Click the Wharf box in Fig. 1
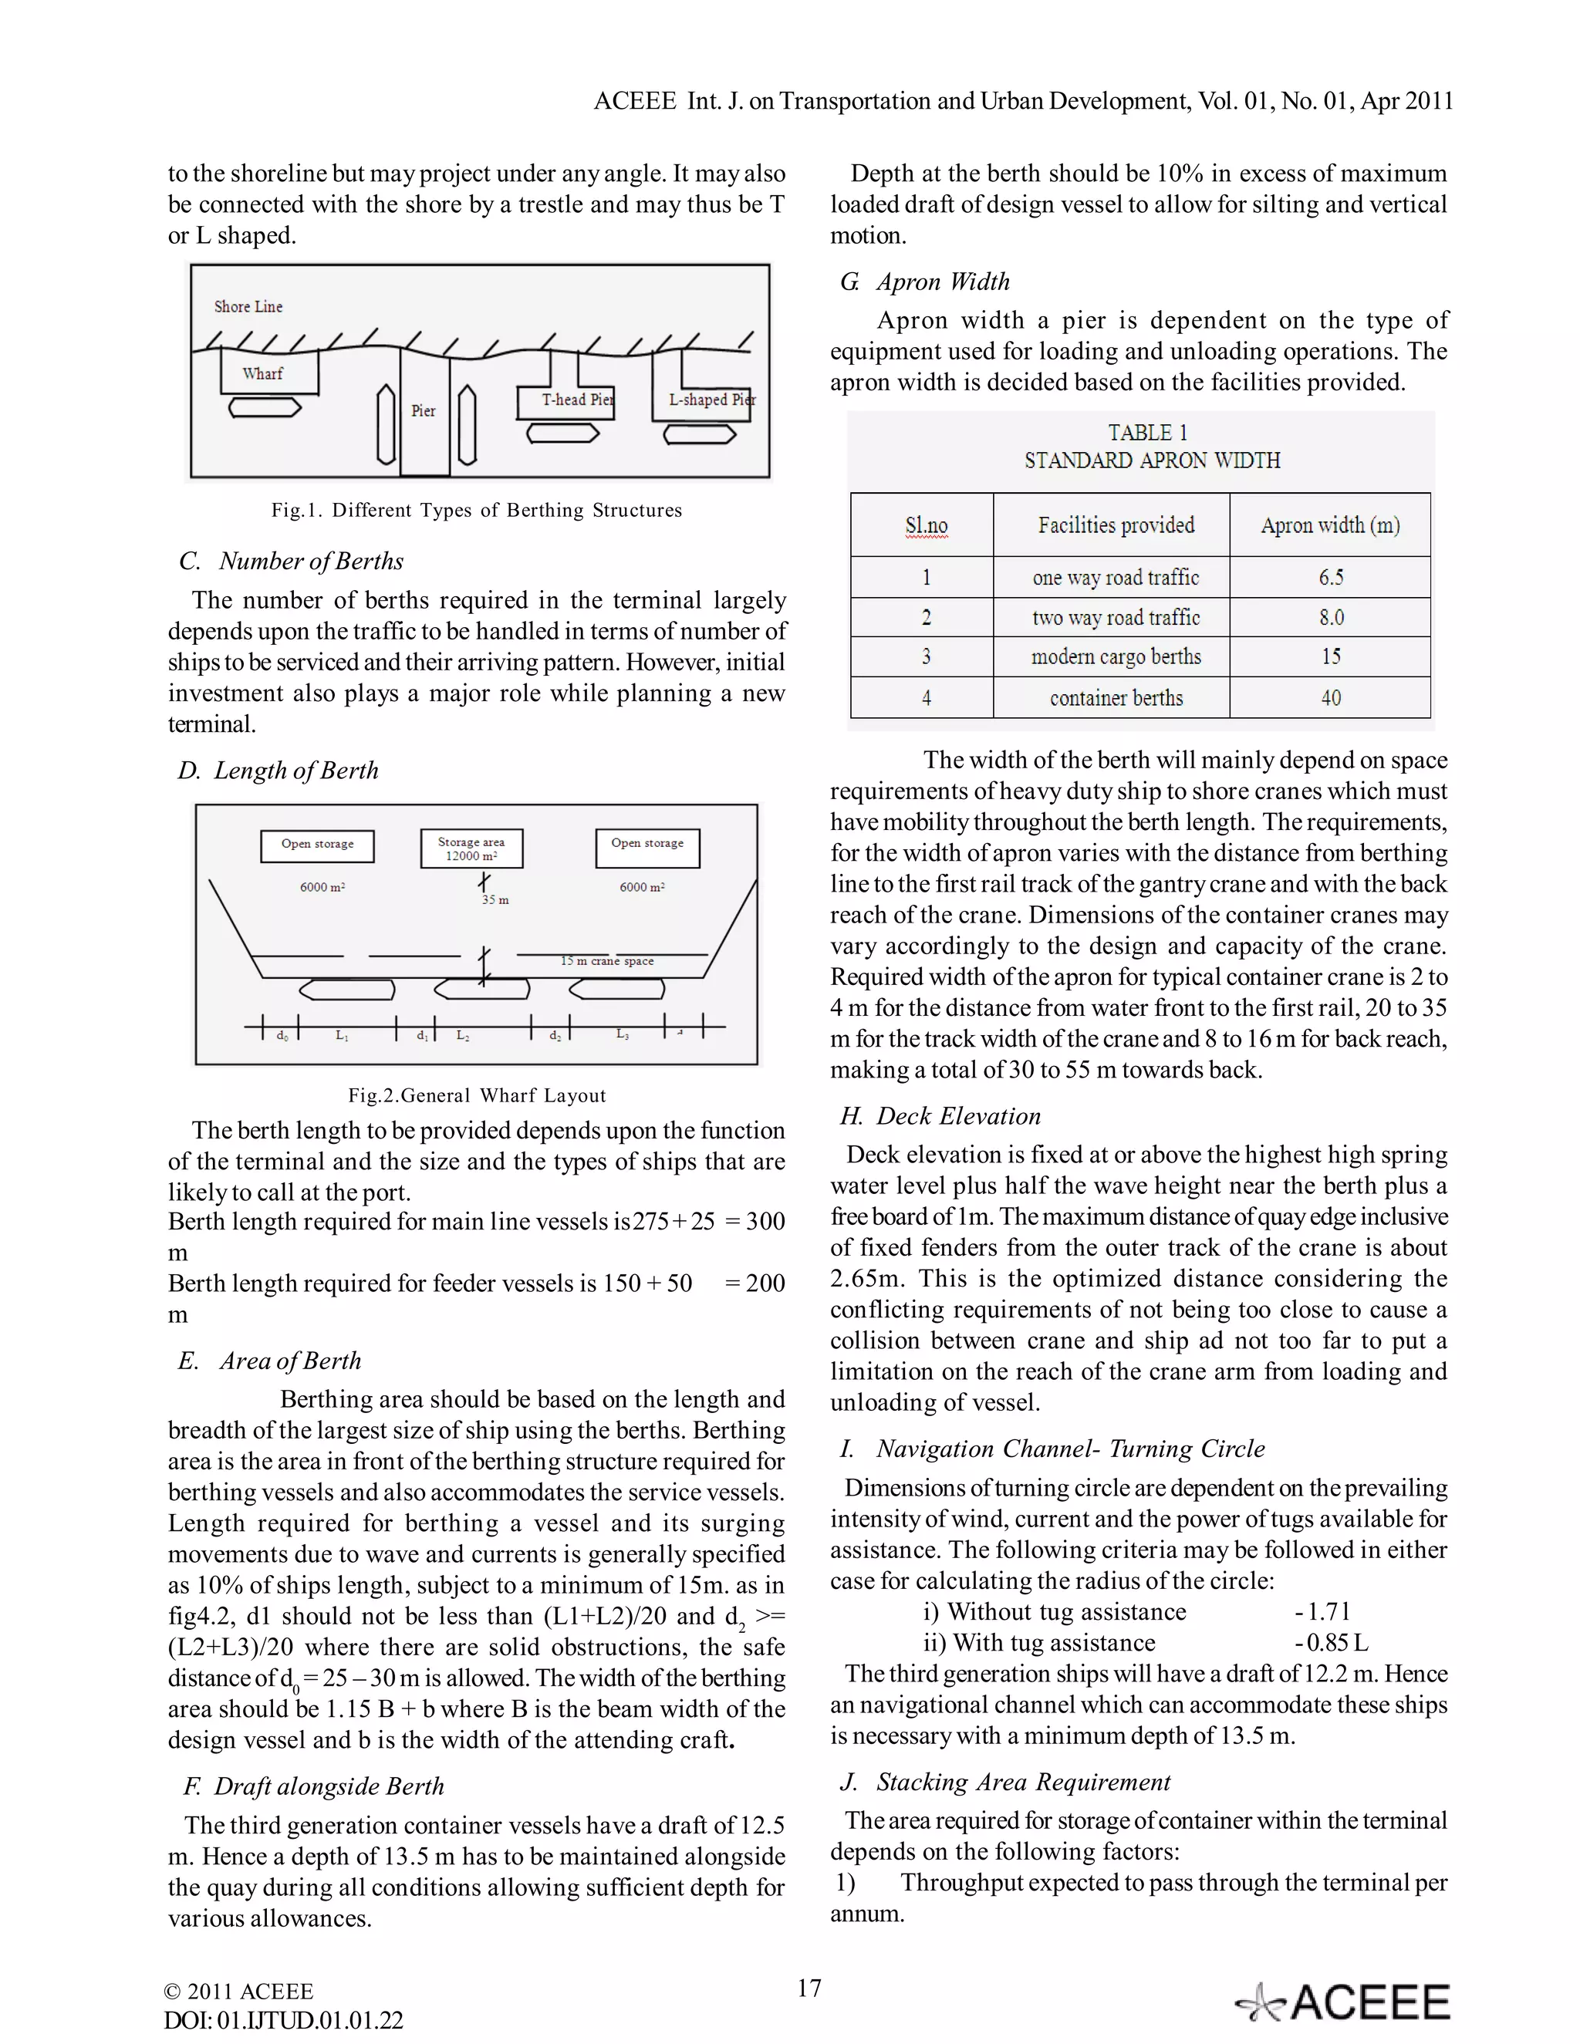click(268, 373)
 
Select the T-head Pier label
click(576, 400)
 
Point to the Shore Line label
click(248, 307)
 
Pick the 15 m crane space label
click(606, 961)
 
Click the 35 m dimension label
click(495, 900)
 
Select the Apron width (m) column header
click(1329, 525)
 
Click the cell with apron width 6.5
click(1330, 578)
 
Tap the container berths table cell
click(1116, 698)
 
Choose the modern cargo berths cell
click(1116, 657)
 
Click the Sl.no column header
click(926, 526)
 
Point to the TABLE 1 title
click(1146, 433)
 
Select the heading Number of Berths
click(311, 562)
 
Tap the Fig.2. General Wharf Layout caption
click(477, 1095)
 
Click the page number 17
click(809, 1988)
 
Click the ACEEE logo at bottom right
click(1343, 2002)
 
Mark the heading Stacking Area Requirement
click(1022, 1782)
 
